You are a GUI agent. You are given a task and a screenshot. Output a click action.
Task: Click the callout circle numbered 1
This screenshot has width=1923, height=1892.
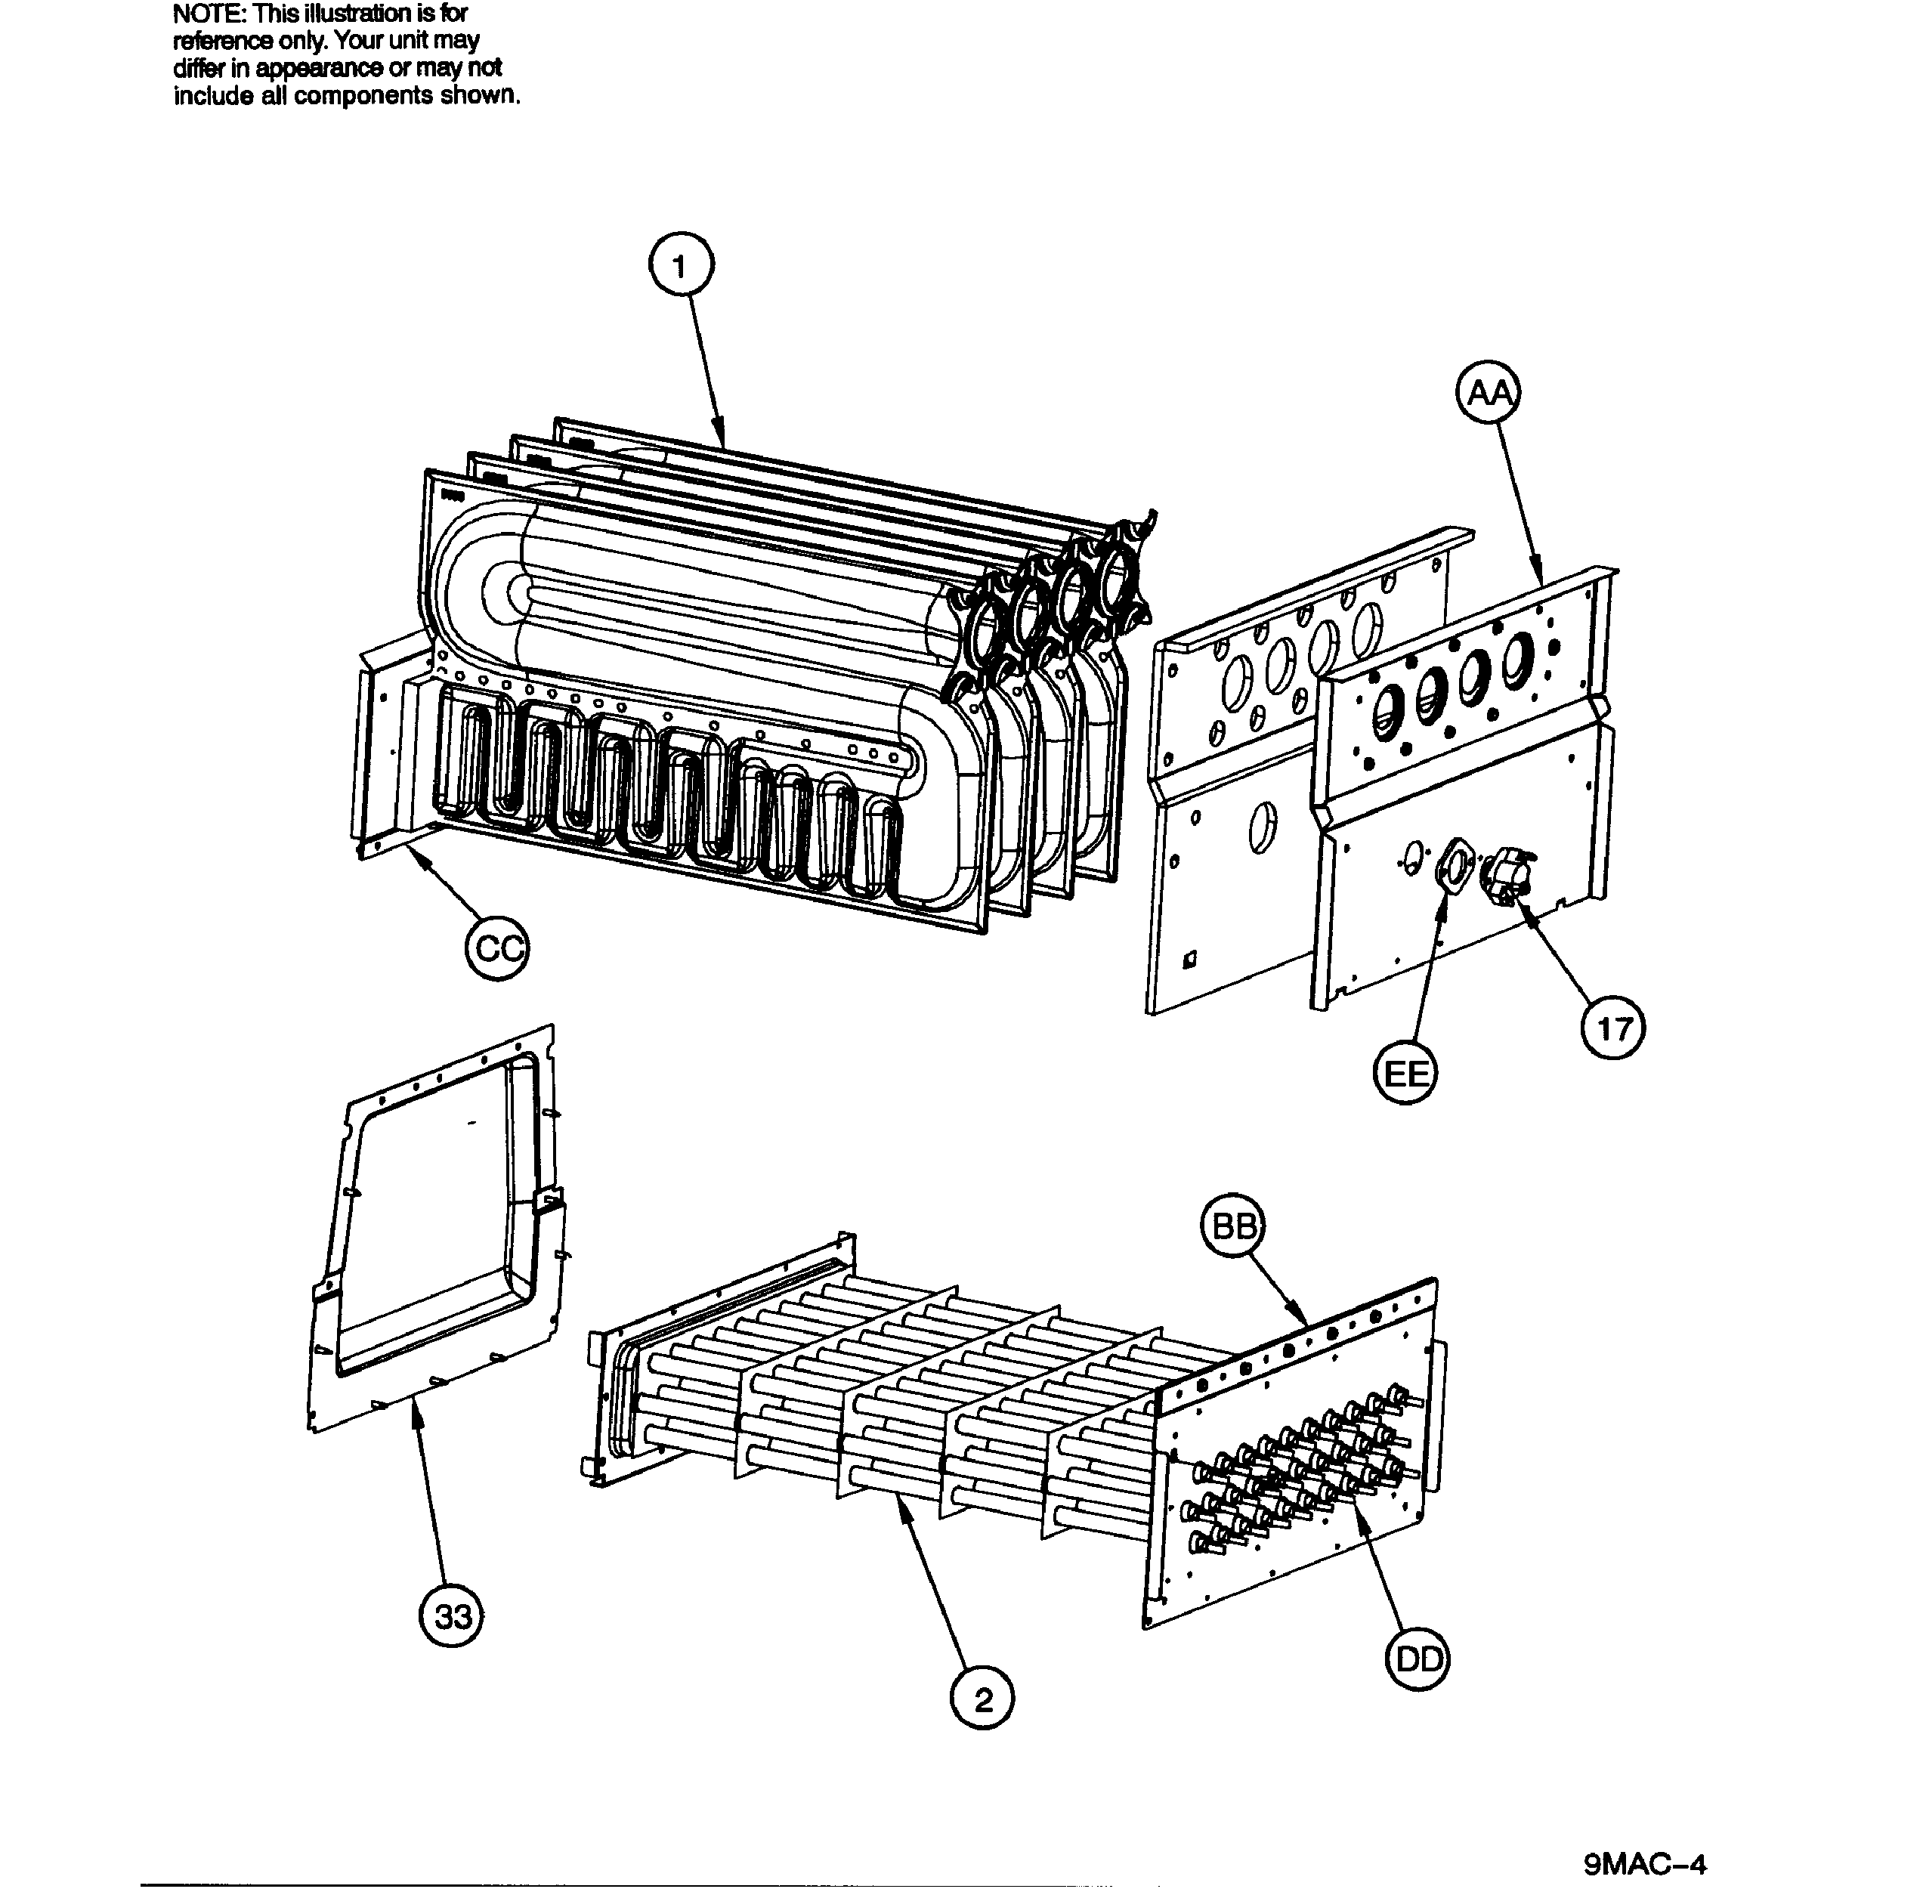click(680, 266)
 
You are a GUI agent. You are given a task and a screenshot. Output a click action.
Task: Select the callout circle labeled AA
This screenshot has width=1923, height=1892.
click(1488, 394)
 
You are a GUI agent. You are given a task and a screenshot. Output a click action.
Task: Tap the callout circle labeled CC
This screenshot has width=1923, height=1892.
click(497, 949)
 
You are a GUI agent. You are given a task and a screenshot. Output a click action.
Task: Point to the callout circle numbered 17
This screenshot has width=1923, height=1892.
click(1612, 1028)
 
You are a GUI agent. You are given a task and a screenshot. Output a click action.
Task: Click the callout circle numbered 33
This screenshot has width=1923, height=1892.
click(452, 1617)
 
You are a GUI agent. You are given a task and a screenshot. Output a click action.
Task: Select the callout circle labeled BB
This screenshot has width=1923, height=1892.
click(1233, 1228)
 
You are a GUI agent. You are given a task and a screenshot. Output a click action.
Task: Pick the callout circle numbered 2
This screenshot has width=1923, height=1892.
click(982, 1700)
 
